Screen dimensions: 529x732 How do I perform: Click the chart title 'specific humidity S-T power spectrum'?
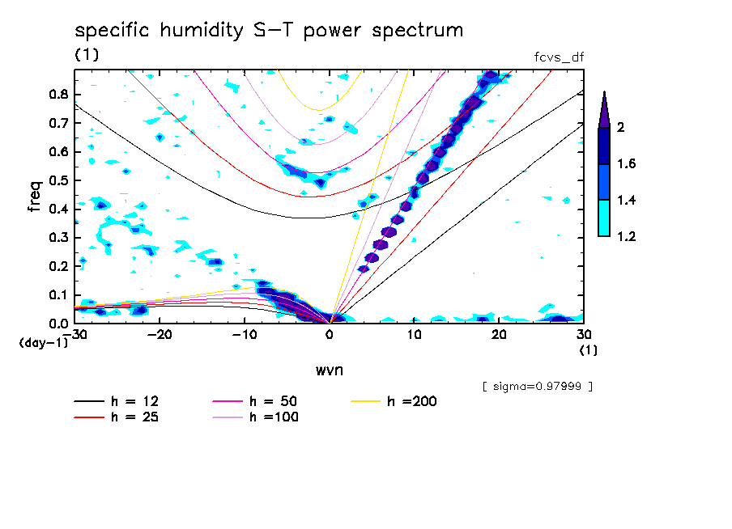[269, 32]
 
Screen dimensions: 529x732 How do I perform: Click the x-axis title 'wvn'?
[328, 370]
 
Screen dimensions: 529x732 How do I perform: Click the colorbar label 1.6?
[627, 164]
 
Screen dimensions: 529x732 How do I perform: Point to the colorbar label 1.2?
[627, 237]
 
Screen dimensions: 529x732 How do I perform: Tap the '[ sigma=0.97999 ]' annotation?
[537, 387]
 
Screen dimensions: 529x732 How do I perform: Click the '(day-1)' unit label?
[44, 342]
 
